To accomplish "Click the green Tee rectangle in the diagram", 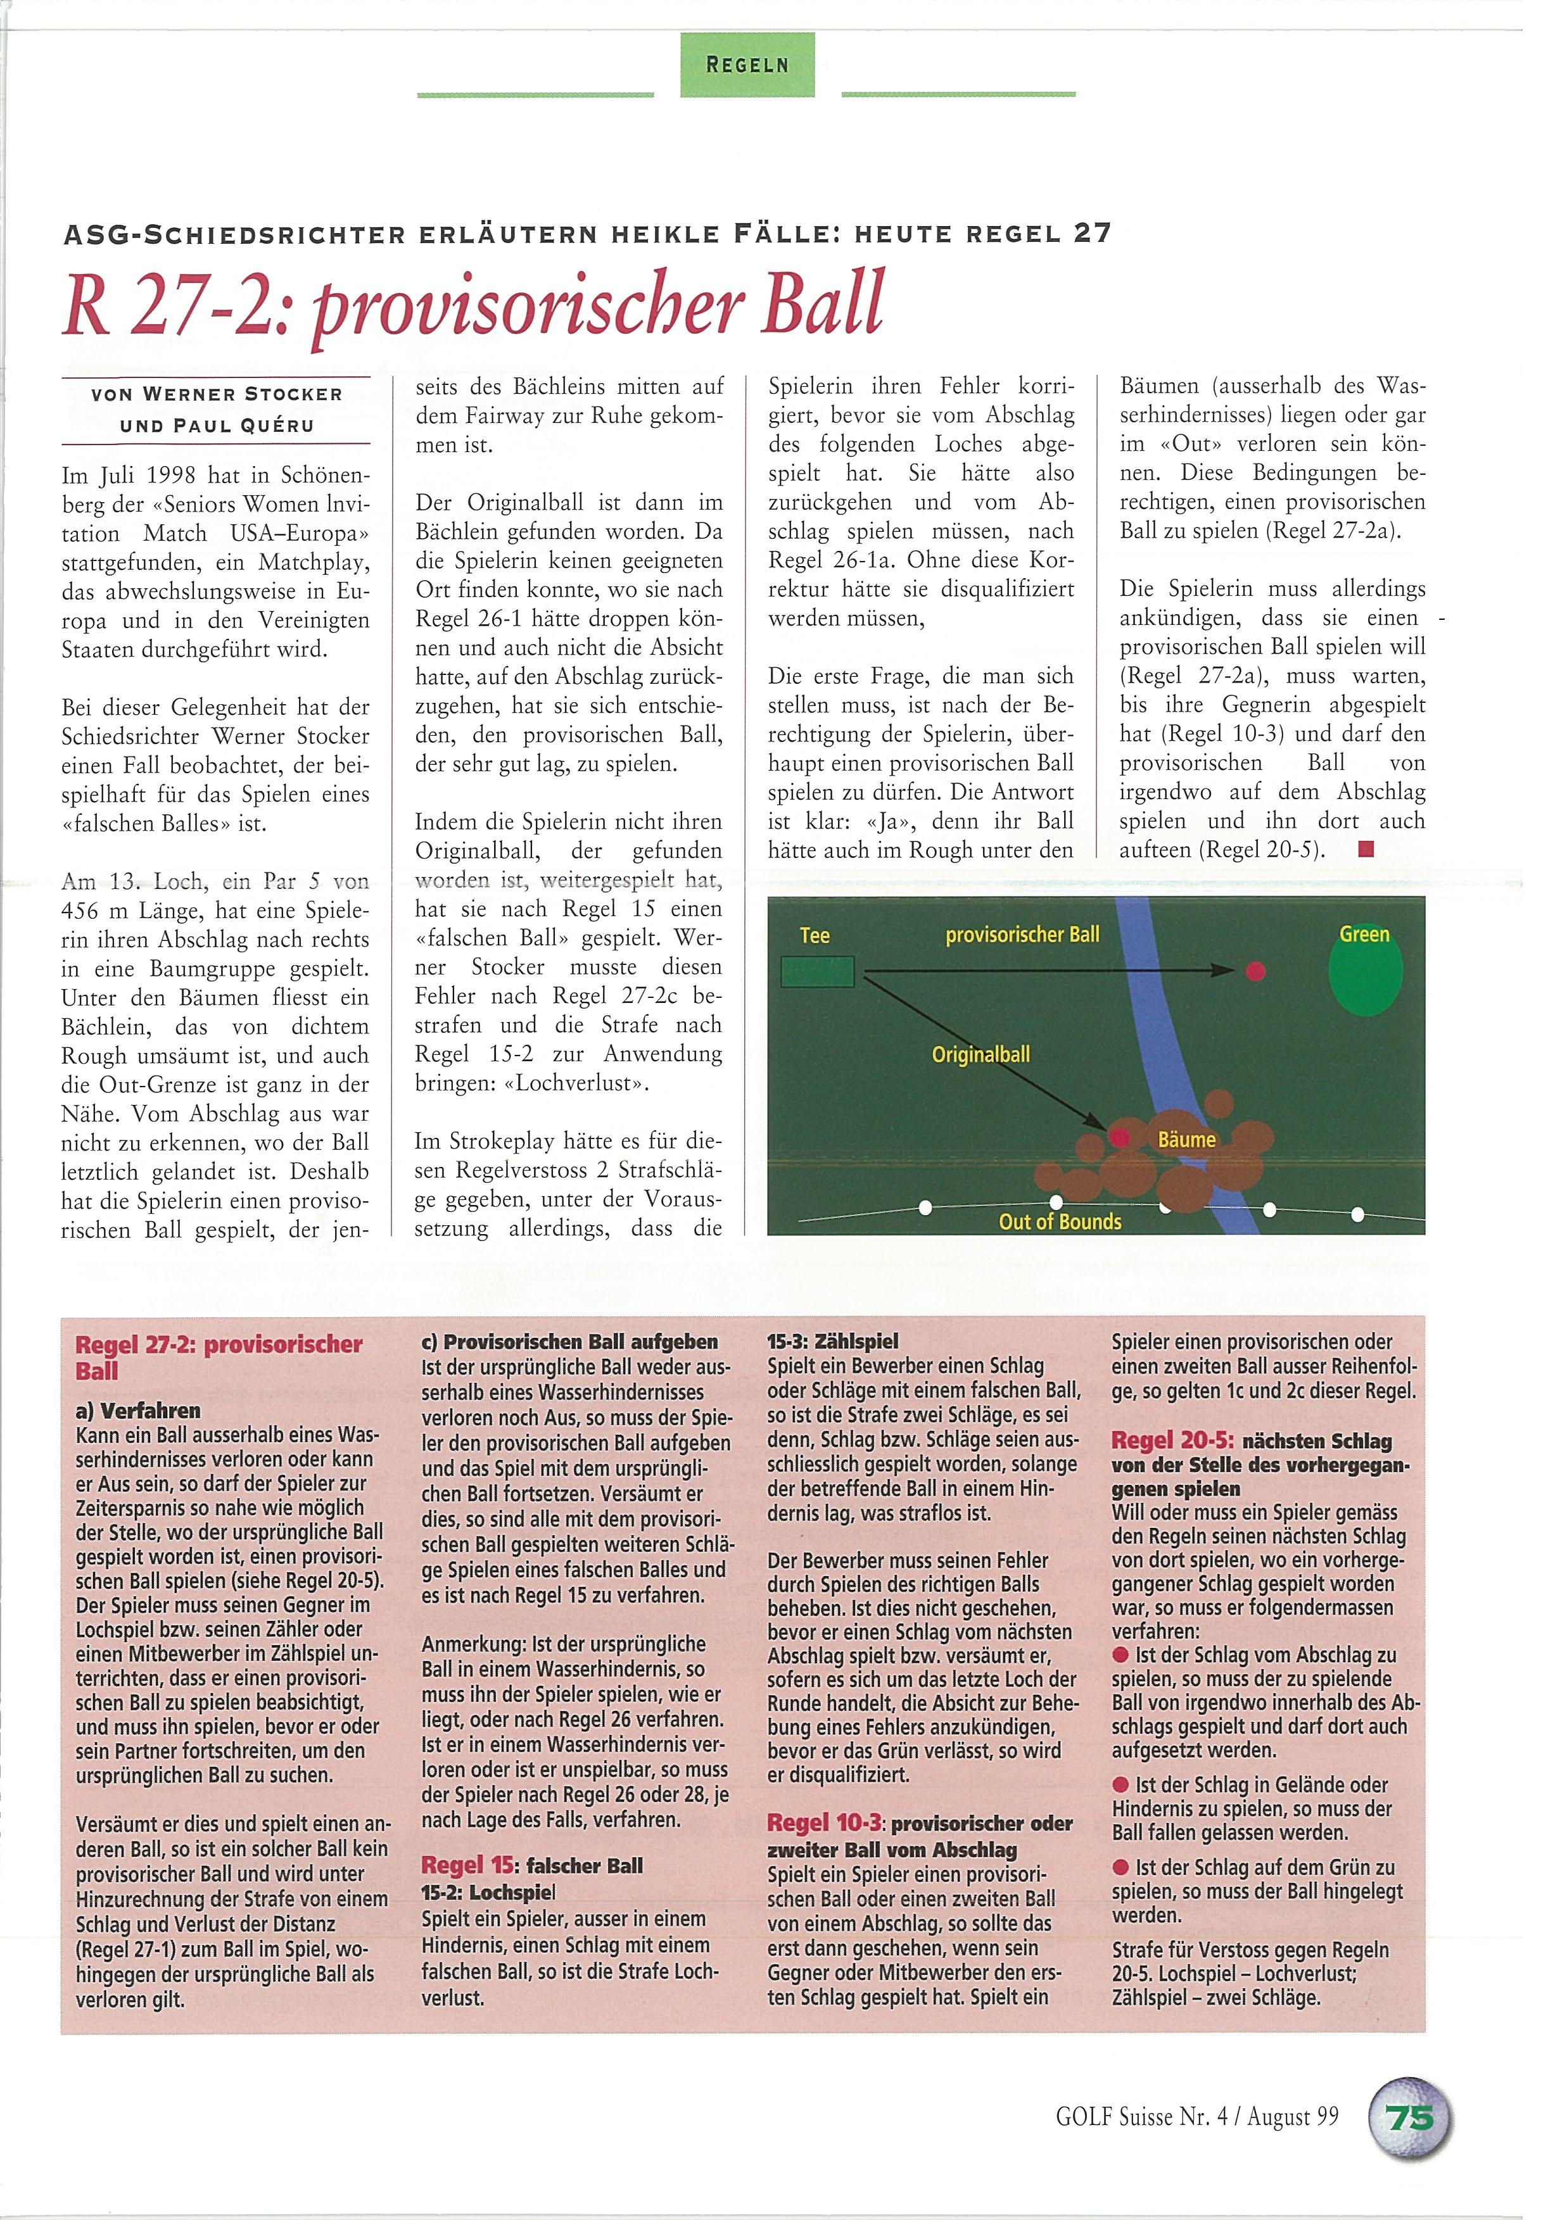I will click(x=817, y=971).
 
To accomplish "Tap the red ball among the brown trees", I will click(x=1120, y=1137).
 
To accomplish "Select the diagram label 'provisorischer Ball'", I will click(x=1022, y=934).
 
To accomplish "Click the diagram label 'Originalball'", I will click(x=980, y=1054).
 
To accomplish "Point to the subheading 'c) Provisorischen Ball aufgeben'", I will click(x=569, y=1342).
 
